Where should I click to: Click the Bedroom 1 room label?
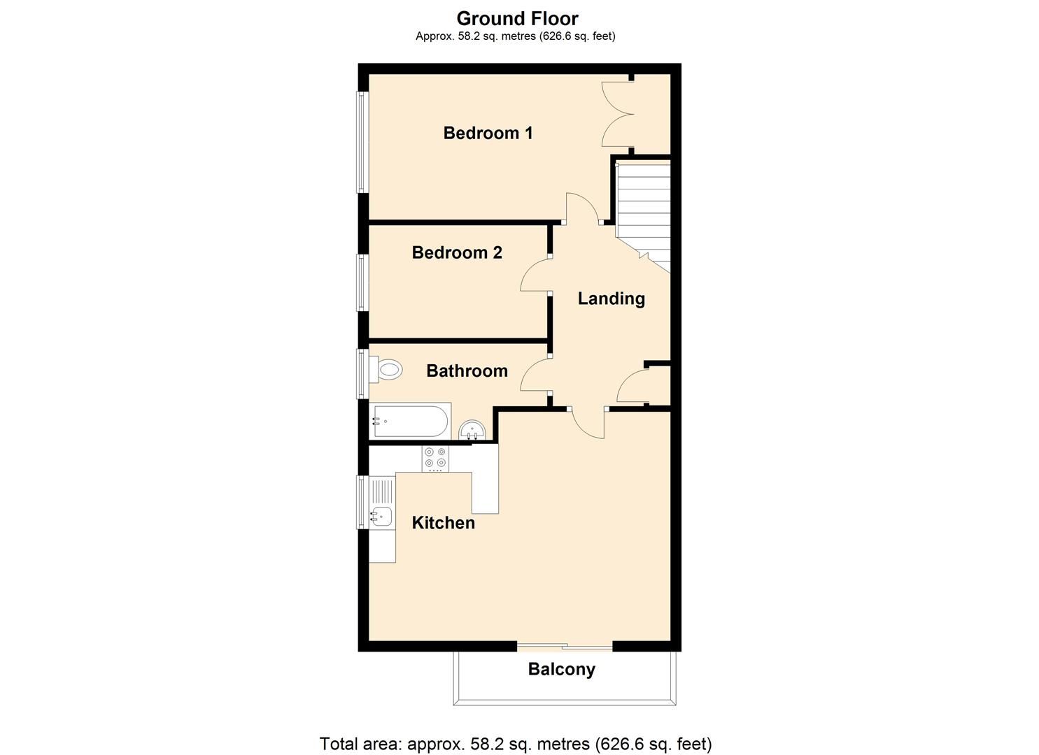pyautogui.click(x=488, y=133)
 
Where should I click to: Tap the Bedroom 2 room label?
pyautogui.click(x=457, y=252)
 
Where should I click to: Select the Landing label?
pyautogui.click(x=611, y=299)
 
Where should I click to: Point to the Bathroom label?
pyautogui.click(x=467, y=371)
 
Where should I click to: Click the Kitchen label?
pyautogui.click(x=443, y=523)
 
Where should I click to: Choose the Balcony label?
pyautogui.click(x=561, y=670)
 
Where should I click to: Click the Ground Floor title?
pyautogui.click(x=517, y=18)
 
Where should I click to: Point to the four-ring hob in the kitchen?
pyautogui.click(x=435, y=458)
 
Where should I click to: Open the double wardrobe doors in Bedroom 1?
pyautogui.click(x=616, y=115)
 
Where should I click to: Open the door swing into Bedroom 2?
pyautogui.click(x=535, y=274)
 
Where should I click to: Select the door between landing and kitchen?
pyautogui.click(x=588, y=423)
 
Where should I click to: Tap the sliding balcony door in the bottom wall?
pyautogui.click(x=565, y=647)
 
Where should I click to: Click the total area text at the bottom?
pyautogui.click(x=516, y=744)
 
